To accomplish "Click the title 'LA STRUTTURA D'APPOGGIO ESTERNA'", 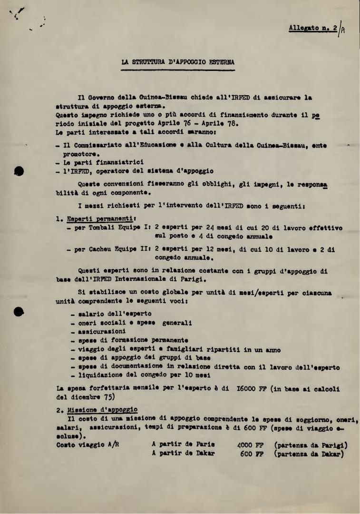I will [x=178, y=61].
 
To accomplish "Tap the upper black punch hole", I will [x=19, y=170].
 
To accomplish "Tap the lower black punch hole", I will [x=19, y=311].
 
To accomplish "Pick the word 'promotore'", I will [x=81, y=154].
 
